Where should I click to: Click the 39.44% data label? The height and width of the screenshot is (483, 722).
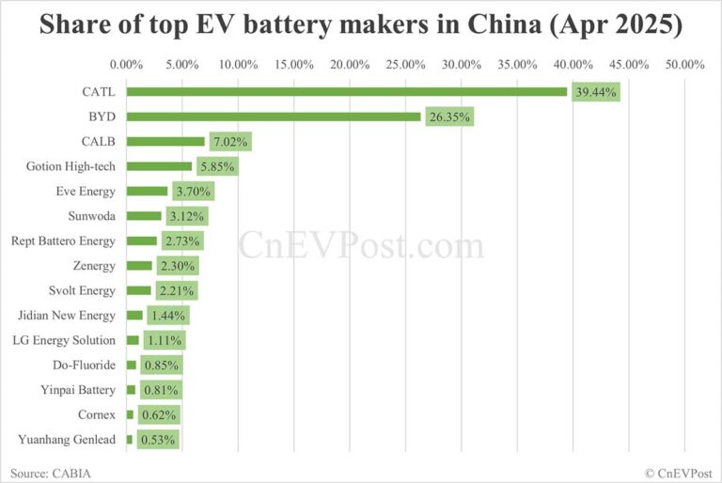[596, 92]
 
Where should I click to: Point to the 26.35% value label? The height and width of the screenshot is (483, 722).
[448, 117]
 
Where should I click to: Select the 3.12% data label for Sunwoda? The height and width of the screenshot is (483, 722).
[184, 216]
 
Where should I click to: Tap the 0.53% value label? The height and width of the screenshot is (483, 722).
[157, 439]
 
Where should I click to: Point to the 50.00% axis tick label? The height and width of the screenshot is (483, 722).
[684, 65]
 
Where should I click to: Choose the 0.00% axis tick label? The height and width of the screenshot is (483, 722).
[126, 65]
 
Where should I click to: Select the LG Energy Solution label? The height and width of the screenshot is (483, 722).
[63, 340]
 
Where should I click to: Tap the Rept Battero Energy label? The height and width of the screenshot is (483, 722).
[63, 241]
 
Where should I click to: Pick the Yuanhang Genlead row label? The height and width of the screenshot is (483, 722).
[67, 439]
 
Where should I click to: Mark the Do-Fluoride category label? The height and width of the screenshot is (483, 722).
[85, 365]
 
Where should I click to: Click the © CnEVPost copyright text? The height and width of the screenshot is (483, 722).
[679, 472]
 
